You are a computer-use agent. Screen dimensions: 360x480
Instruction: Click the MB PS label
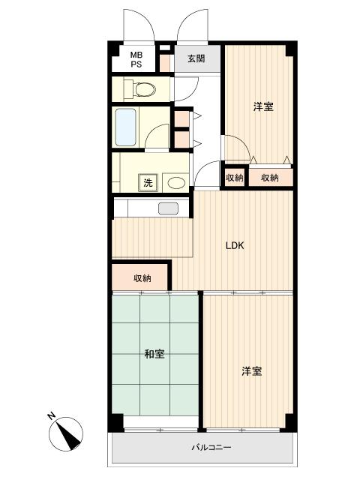pos(136,60)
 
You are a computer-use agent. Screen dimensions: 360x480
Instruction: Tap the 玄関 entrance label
pos(196,58)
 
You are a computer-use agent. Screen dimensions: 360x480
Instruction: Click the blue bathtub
pos(125,127)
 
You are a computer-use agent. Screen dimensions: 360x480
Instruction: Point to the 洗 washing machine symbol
pos(148,183)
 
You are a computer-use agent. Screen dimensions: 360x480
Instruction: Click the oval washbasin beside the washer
pos(176,183)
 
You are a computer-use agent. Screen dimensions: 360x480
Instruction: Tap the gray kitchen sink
pos(168,208)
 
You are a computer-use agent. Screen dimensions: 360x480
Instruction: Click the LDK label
pos(235,245)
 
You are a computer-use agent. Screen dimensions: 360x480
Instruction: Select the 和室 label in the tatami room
pos(154,354)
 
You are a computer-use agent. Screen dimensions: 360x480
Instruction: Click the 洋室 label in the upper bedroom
pos(263,106)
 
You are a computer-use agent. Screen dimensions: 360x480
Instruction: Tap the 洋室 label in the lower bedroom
pos(252,371)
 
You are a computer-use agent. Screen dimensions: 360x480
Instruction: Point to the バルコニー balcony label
pos(211,448)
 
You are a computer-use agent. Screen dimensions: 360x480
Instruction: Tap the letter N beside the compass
pos(52,415)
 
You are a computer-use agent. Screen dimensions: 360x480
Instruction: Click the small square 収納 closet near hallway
pos(235,177)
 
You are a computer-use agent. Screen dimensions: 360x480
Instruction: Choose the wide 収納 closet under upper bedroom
pos(271,177)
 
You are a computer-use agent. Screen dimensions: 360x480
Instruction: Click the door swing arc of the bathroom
pos(154,132)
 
